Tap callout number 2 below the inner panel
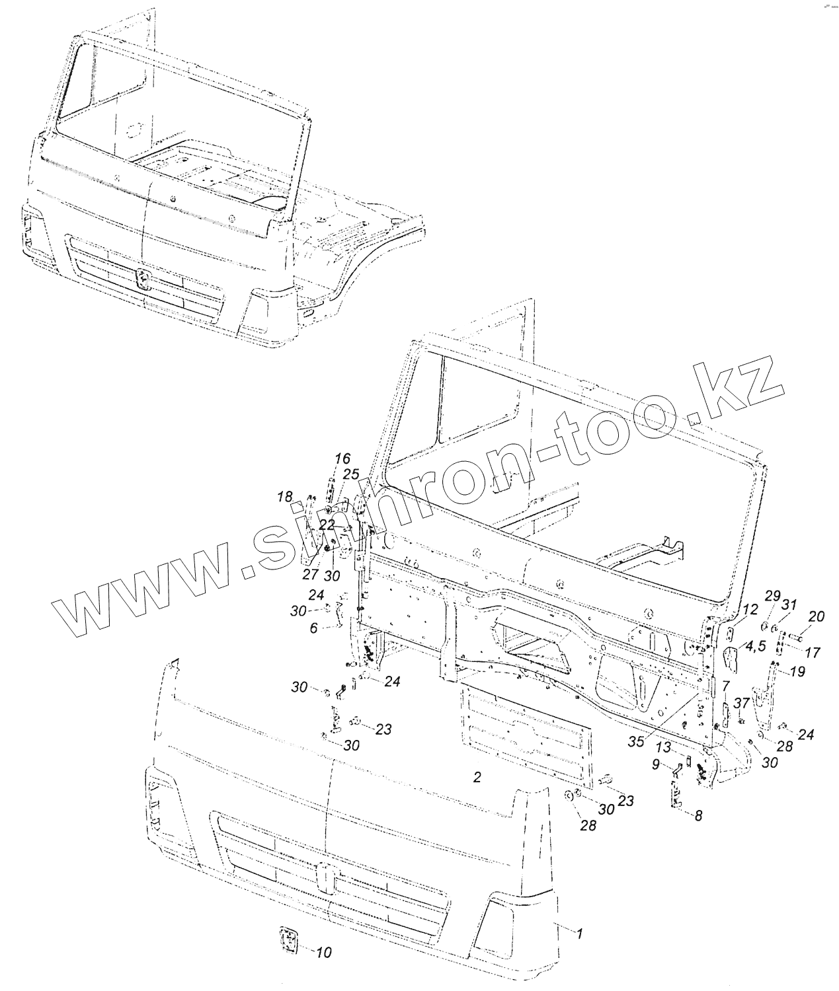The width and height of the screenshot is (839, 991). coord(476,777)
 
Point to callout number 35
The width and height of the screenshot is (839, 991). coord(635,742)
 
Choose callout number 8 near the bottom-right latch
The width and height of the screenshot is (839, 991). coord(314,628)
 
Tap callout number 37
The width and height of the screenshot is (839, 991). coord(740,702)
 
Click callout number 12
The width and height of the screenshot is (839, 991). coord(748,609)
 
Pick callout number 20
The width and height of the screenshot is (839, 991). coord(816,617)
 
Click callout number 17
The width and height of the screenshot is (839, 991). coord(815,653)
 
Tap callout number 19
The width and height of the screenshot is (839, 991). coord(797,672)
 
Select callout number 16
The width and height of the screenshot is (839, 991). coord(342,459)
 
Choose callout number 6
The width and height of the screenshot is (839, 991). coord(314,628)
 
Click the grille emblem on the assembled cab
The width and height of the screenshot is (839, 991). coord(143,280)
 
